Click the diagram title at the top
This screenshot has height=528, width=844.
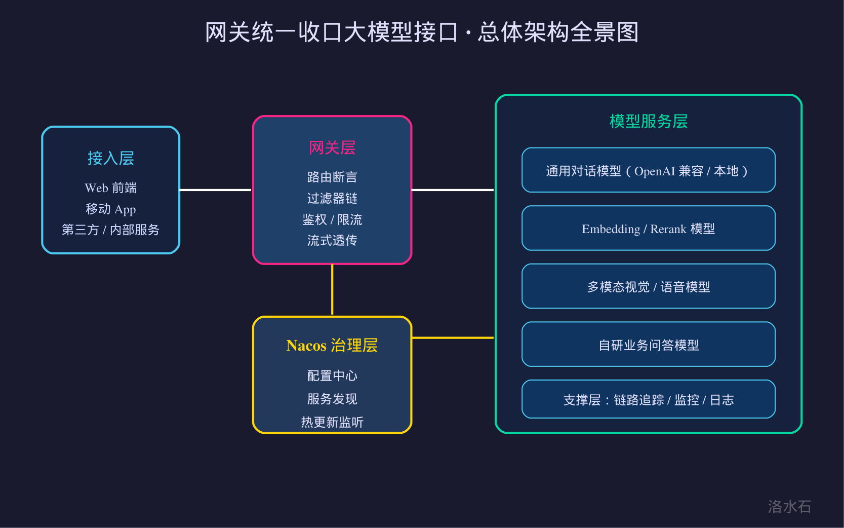422,32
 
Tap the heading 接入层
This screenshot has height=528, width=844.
111,158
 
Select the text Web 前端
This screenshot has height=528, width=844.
111,188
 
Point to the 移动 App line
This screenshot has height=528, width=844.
111,209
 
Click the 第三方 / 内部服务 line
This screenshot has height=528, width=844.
111,230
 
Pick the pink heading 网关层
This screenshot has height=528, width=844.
332,147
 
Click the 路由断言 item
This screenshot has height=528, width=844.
332,177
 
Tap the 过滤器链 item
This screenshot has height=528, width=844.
332,198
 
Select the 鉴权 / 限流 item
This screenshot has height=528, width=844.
332,219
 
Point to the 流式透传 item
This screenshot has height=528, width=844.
332,240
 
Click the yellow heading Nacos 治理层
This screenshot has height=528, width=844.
332,346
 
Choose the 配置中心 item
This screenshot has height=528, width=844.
332,375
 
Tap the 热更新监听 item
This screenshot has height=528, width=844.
332,422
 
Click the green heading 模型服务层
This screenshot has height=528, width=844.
649,122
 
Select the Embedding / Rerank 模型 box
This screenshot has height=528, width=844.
649,228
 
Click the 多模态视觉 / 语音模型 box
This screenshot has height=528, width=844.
649,286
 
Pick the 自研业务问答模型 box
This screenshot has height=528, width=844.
649,345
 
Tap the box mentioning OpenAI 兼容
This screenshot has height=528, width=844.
649,170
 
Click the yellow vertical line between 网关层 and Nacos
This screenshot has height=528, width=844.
332,290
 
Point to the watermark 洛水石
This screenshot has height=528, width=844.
789,507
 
